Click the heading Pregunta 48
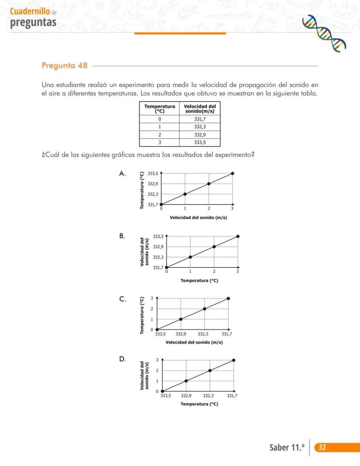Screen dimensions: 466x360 (x=64, y=66)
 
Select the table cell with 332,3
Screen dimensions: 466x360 (x=200, y=127)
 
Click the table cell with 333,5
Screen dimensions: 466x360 (x=200, y=142)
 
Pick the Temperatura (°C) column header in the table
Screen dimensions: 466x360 (x=160, y=108)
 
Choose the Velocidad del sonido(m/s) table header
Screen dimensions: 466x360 (x=200, y=108)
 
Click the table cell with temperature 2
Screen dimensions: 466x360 (x=160, y=134)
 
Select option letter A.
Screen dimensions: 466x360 (x=123, y=174)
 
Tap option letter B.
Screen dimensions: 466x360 (x=122, y=236)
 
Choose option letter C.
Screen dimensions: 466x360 (x=123, y=299)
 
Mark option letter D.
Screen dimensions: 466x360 (x=123, y=359)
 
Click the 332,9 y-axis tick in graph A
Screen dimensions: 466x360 (x=153, y=184)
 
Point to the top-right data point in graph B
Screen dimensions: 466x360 (x=237, y=236)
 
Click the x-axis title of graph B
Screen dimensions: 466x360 (x=199, y=281)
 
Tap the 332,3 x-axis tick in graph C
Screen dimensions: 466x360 (x=203, y=334)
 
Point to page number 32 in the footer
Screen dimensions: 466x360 (x=322, y=447)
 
